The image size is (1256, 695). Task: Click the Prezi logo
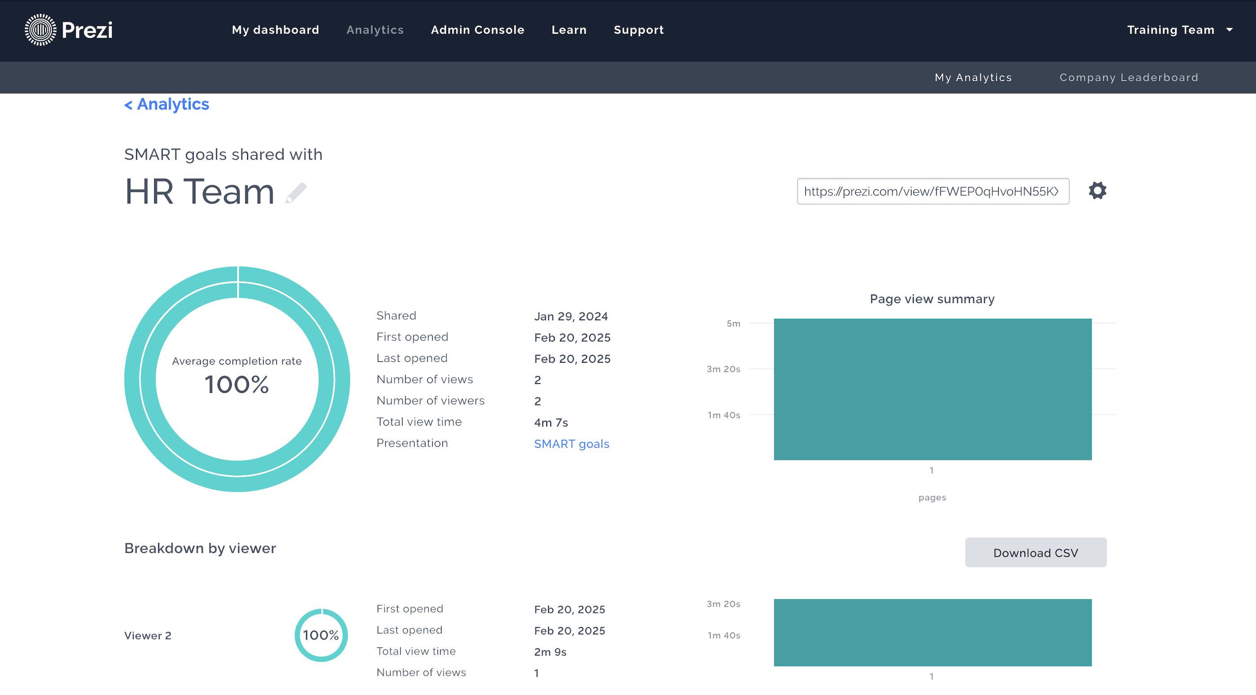(69, 30)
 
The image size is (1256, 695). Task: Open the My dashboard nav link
(275, 30)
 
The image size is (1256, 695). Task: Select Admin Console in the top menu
(478, 30)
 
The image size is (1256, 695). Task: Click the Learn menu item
(569, 30)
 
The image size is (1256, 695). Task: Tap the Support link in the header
(639, 30)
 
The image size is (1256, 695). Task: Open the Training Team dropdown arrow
(1229, 30)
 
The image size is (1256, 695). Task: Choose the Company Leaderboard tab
(1129, 78)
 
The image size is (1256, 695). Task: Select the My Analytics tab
(973, 78)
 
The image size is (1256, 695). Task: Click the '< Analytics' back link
(167, 104)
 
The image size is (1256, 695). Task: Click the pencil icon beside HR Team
(296, 193)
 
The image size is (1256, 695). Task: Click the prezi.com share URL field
(933, 191)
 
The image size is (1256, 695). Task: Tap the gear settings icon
(1097, 190)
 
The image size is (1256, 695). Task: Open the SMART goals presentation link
(571, 444)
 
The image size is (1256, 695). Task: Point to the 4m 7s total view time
(551, 422)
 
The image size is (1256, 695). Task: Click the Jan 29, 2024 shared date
(571, 317)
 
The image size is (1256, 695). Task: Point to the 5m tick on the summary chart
(733, 324)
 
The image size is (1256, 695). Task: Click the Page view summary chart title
(932, 299)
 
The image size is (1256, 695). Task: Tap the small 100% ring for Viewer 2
(321, 635)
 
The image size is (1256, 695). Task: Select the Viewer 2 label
(148, 636)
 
